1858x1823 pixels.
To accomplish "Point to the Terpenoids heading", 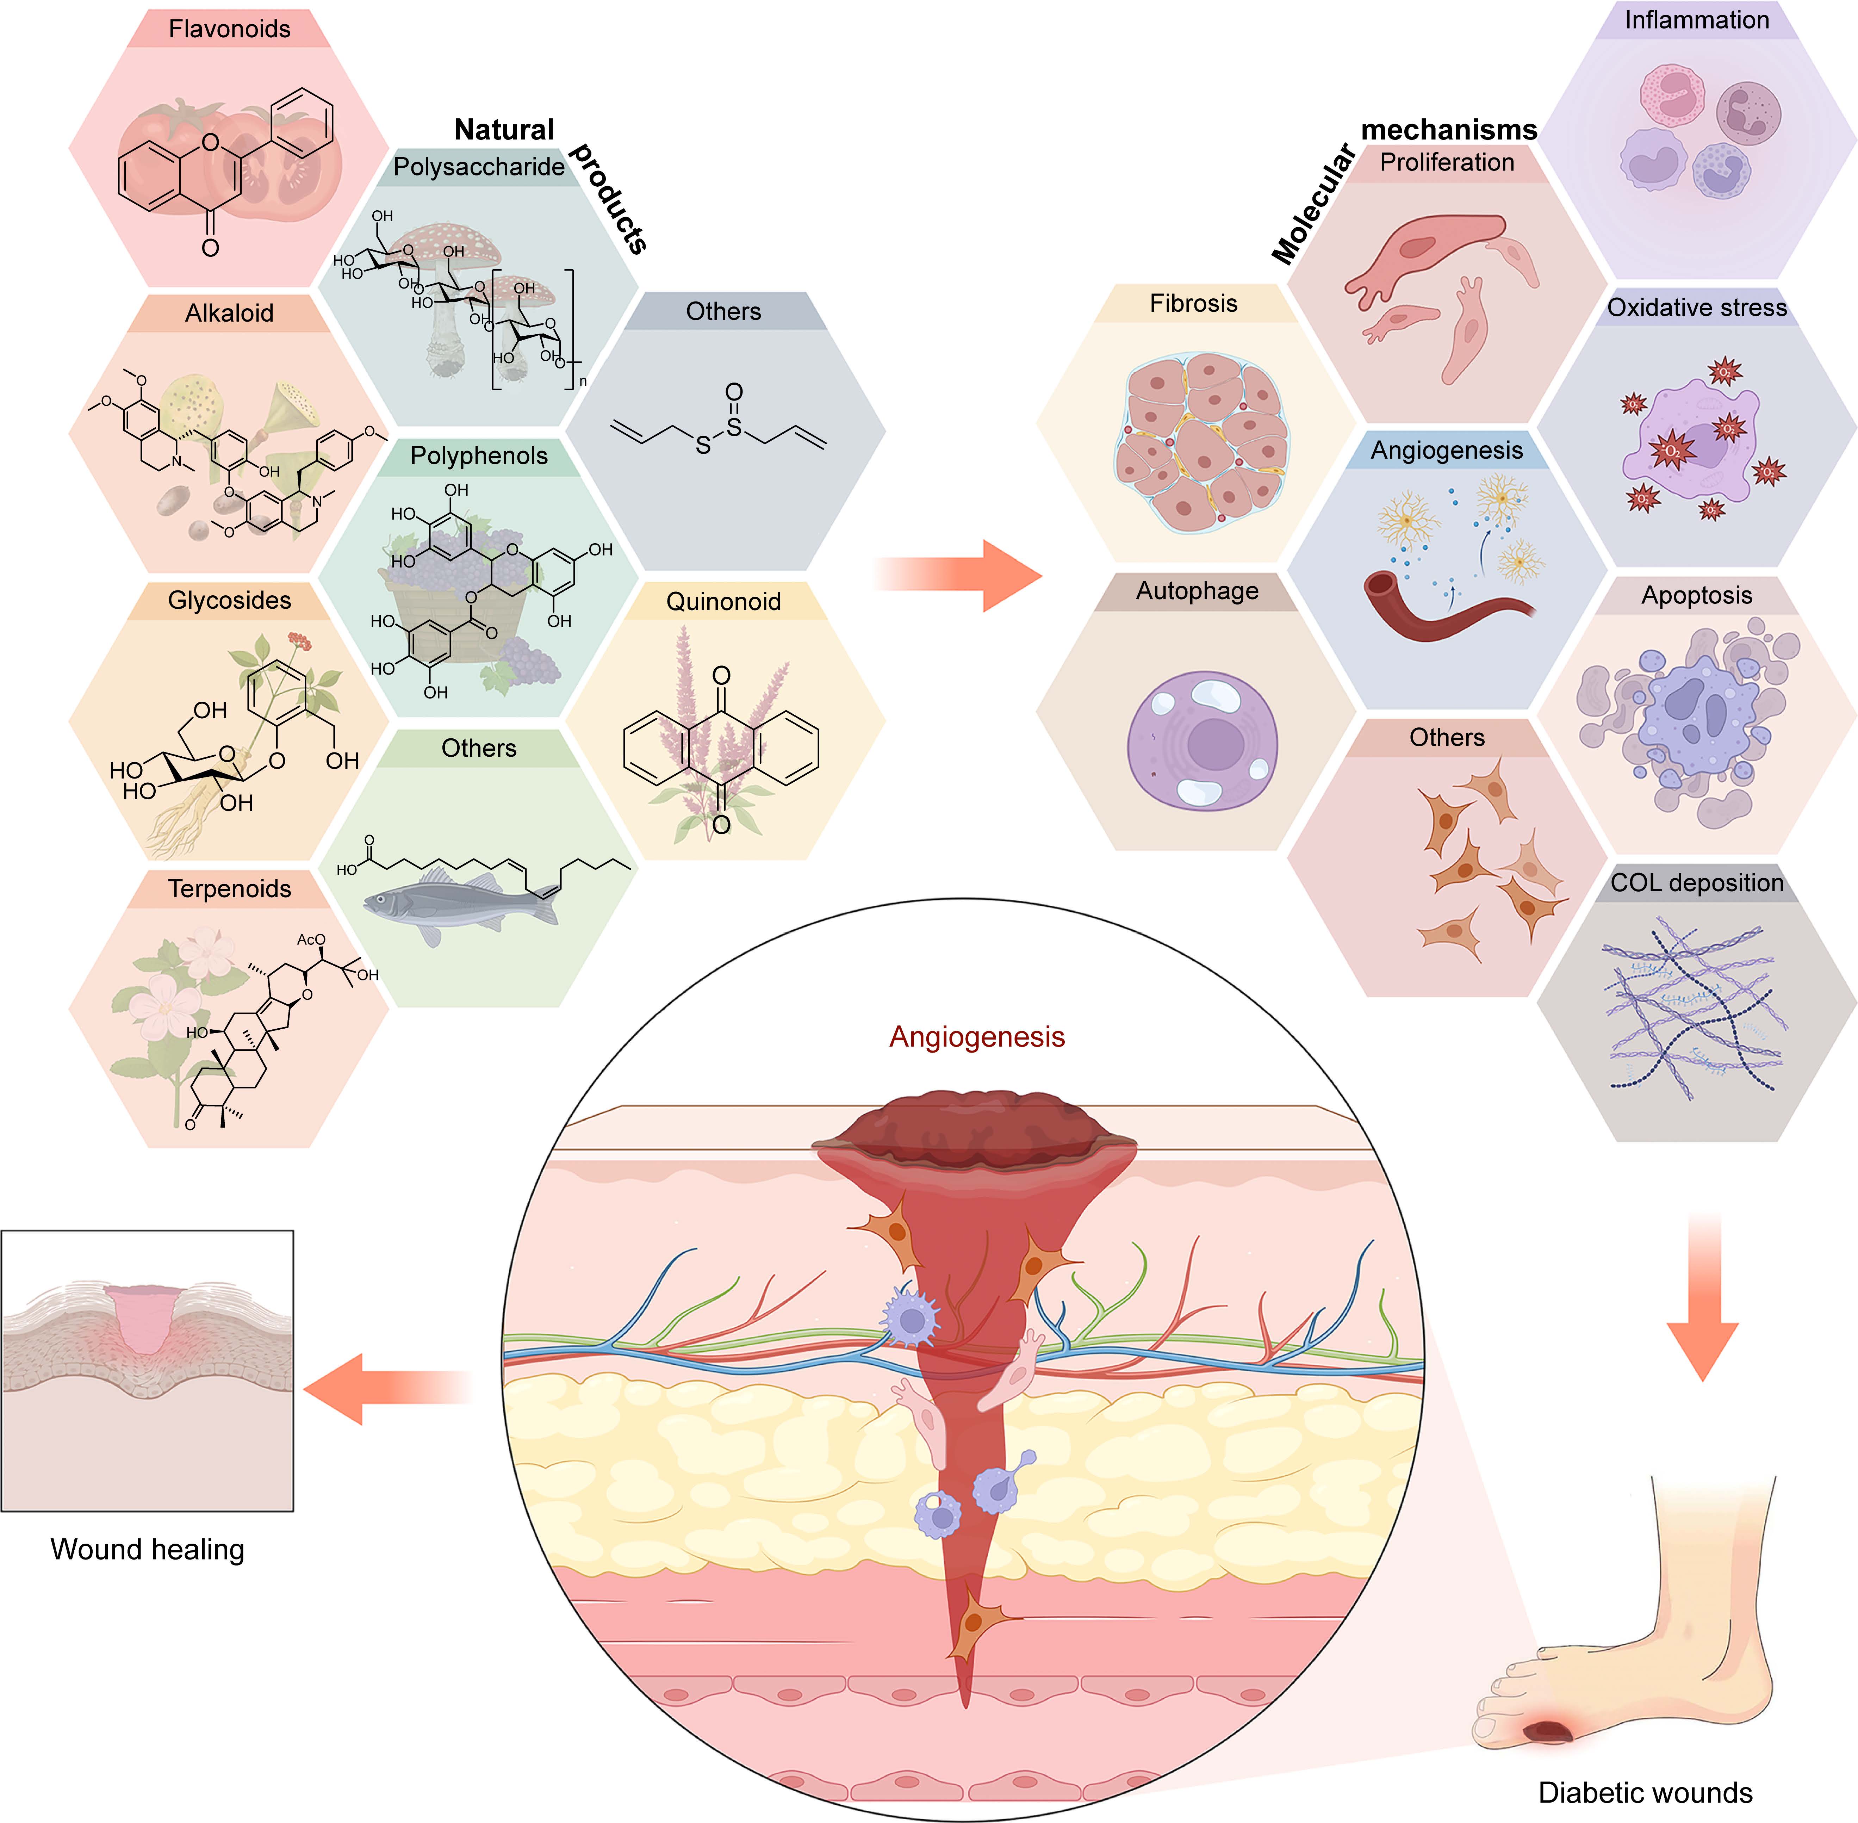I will [x=230, y=888].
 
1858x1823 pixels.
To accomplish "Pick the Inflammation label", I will [x=1696, y=20].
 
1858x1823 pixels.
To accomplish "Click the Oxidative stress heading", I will [x=1696, y=307].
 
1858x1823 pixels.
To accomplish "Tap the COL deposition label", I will [x=1696, y=883].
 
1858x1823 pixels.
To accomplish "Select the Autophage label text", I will [x=1197, y=591].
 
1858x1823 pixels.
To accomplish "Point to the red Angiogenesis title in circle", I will [x=976, y=1037].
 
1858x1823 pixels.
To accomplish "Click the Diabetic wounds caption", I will [x=1645, y=1792].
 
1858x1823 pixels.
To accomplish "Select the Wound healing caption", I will [x=148, y=1549].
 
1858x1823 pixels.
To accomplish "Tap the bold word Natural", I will [x=503, y=129].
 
